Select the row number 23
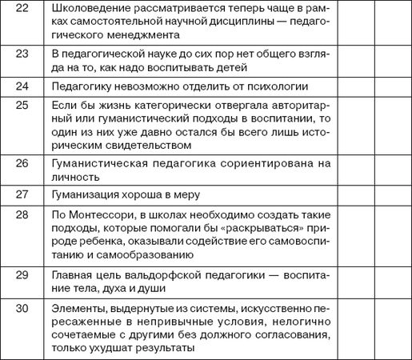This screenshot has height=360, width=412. (x=22, y=52)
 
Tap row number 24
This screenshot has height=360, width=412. (x=22, y=86)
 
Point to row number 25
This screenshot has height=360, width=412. (x=22, y=106)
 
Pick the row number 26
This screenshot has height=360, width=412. (x=22, y=163)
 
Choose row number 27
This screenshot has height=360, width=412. (x=22, y=194)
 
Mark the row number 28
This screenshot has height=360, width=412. (x=22, y=214)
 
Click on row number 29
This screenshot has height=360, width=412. (x=22, y=274)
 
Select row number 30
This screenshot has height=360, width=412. (x=22, y=308)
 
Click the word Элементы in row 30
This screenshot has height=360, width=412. (x=74, y=308)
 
